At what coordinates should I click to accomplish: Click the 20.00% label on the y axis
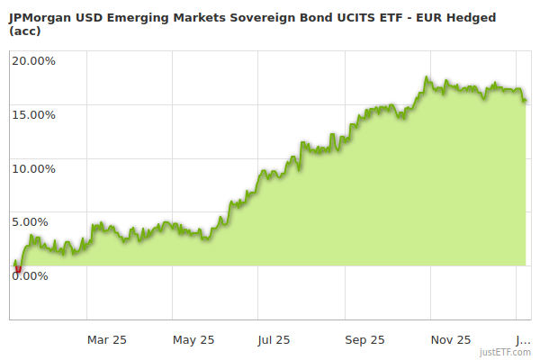pyautogui.click(x=34, y=61)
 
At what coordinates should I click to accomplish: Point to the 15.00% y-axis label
pyautogui.click(x=34, y=114)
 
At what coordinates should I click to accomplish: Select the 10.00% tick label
pyautogui.click(x=34, y=168)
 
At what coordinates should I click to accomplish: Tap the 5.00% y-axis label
pyautogui.click(x=37, y=221)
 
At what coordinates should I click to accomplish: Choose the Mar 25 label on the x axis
pyautogui.click(x=106, y=339)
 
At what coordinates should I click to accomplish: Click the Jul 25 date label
pyautogui.click(x=274, y=339)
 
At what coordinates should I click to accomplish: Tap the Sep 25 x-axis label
pyautogui.click(x=364, y=339)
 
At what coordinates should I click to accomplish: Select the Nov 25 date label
pyautogui.click(x=451, y=339)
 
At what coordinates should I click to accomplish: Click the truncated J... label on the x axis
pyautogui.click(x=521, y=339)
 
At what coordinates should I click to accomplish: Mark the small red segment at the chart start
pyautogui.click(x=17, y=267)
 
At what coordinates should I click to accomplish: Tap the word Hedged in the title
pyautogui.click(x=492, y=15)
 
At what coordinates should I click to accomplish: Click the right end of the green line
pyautogui.click(x=526, y=100)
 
